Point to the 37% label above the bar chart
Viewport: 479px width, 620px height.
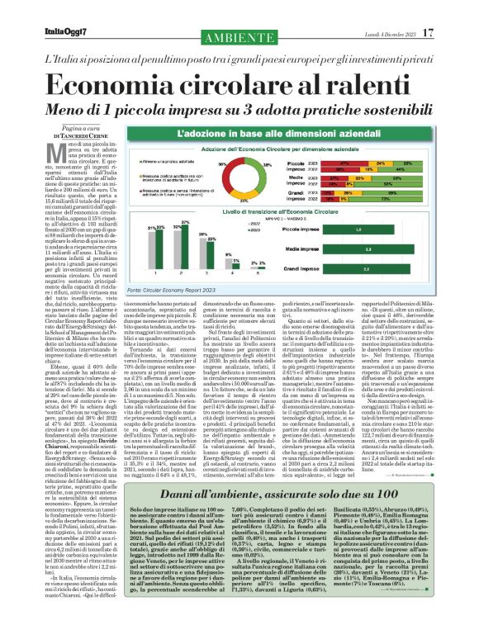[187, 221]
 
